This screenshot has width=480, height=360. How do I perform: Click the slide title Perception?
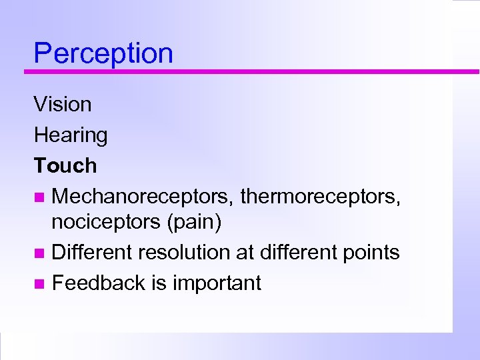(103, 53)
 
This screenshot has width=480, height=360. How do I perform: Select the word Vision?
(63, 104)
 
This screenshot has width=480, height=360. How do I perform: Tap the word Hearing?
(71, 135)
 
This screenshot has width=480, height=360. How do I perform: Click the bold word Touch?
(65, 165)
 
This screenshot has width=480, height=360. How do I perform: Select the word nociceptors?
(104, 223)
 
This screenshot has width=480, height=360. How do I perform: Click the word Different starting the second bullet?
(93, 253)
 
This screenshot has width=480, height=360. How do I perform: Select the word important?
(217, 283)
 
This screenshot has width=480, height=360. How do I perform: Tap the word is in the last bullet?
(159, 283)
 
